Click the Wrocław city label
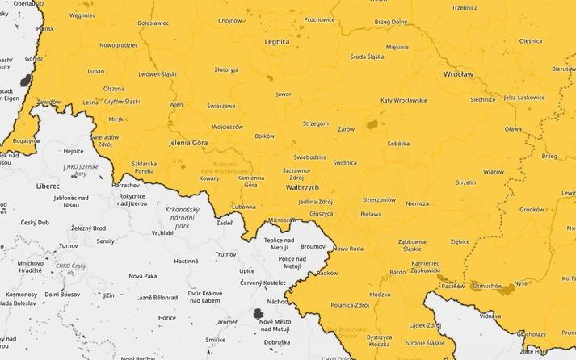click(x=458, y=73)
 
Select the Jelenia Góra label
click(x=188, y=142)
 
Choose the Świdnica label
click(x=344, y=162)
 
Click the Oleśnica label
click(x=530, y=40)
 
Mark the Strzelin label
click(x=465, y=182)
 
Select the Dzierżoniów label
click(x=379, y=199)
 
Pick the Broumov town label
click(x=312, y=245)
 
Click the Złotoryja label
click(x=226, y=70)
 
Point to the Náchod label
click(x=278, y=301)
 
